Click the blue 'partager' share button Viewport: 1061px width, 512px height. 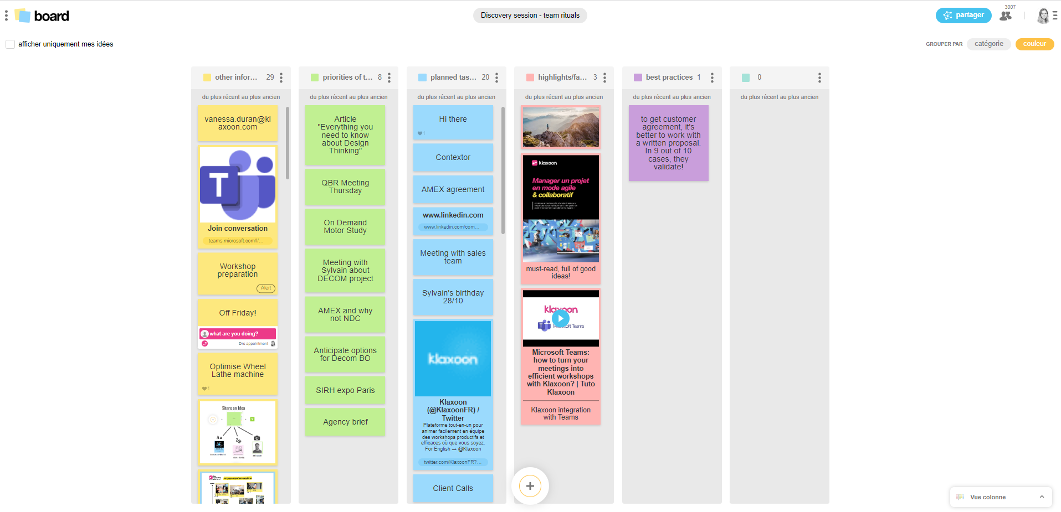(963, 15)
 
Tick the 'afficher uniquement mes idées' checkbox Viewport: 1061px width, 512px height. (10, 44)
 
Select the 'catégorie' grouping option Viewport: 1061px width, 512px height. (988, 44)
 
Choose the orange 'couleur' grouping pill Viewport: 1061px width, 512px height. (1034, 44)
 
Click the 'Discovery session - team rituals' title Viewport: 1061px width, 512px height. (530, 15)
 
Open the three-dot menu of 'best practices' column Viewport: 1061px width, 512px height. (712, 77)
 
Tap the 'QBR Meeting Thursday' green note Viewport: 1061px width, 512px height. (345, 187)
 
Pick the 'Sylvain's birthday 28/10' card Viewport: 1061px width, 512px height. (453, 297)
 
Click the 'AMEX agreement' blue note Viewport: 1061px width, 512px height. (453, 189)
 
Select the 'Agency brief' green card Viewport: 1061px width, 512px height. (345, 422)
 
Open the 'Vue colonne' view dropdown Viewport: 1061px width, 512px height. (1001, 497)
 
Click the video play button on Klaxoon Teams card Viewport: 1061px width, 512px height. (560, 318)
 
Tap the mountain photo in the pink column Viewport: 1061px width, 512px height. (560, 127)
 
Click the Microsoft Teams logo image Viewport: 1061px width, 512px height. (238, 185)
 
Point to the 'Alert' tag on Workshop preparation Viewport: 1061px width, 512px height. (266, 288)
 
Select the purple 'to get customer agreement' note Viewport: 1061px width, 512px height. (668, 143)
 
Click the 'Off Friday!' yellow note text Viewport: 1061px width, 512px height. (238, 313)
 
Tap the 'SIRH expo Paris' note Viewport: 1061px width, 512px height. (345, 390)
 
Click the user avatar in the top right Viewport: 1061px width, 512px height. (1043, 16)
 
